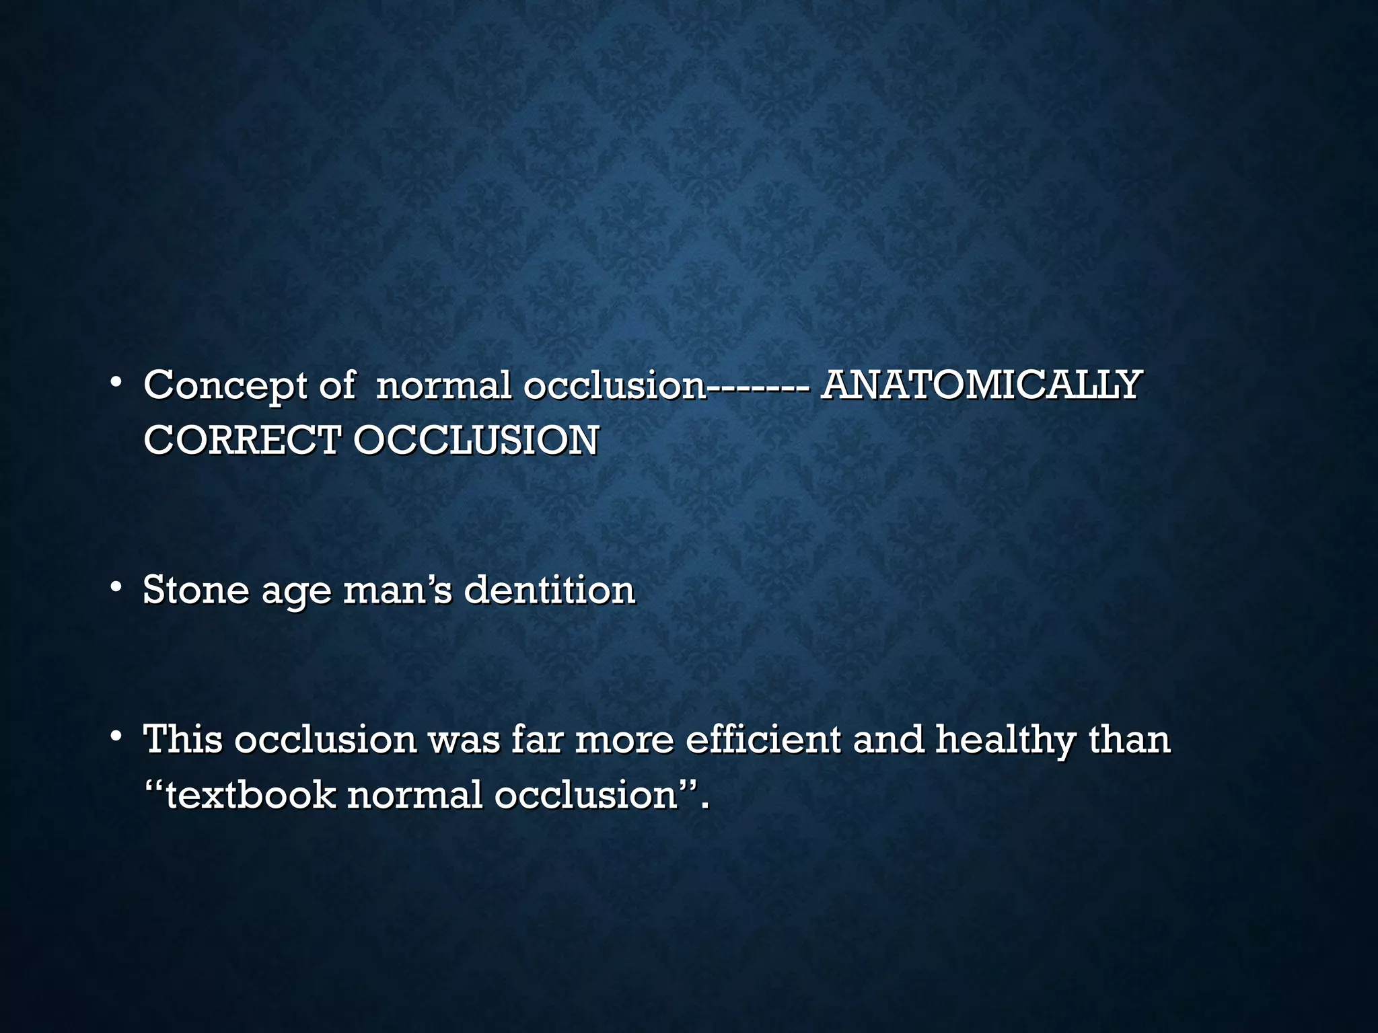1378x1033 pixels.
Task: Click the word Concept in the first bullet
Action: pyautogui.click(x=225, y=386)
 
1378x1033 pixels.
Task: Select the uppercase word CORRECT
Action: pyautogui.click(x=240, y=441)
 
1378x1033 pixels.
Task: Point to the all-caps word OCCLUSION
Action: pyautogui.click(x=476, y=441)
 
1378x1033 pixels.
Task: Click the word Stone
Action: pyautogui.click(x=196, y=590)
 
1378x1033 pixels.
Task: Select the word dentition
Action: pyautogui.click(x=550, y=590)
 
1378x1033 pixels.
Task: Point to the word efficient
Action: pyautogui.click(x=762, y=738)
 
